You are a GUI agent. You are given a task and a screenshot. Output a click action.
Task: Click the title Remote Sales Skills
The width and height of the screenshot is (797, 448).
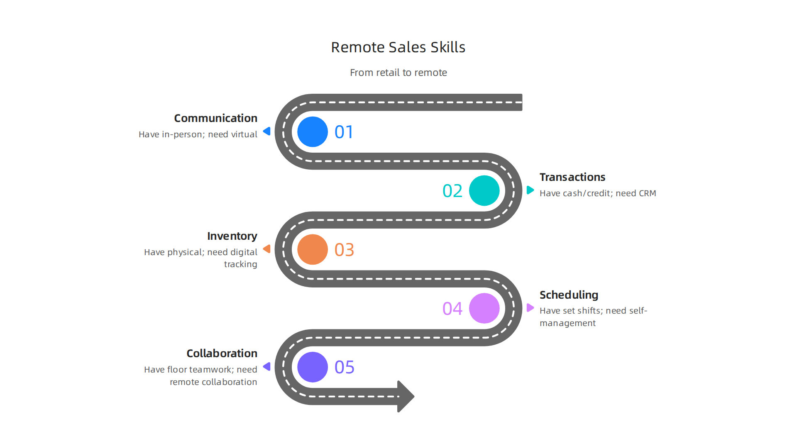click(398, 47)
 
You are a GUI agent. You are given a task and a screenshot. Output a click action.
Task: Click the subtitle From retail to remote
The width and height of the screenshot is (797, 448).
click(398, 73)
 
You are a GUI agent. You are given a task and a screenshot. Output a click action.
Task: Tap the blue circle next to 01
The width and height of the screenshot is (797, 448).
click(313, 132)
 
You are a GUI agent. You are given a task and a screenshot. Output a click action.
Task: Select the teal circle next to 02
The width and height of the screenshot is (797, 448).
click(484, 191)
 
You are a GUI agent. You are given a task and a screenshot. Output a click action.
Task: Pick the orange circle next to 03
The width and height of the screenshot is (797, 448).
click(313, 250)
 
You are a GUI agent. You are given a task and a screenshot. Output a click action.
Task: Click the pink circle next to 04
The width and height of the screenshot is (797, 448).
click(484, 308)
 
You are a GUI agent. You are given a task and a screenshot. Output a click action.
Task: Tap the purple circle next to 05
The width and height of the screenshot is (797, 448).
click(313, 367)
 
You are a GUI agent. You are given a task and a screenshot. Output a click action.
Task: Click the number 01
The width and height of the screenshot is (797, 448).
click(344, 132)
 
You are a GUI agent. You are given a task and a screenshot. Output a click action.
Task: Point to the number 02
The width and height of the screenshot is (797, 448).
click(452, 191)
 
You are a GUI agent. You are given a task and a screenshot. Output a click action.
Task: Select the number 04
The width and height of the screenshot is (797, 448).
click(452, 309)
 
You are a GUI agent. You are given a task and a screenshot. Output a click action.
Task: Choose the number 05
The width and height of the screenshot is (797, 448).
click(344, 368)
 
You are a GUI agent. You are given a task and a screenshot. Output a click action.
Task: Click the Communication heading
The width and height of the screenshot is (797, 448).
click(215, 118)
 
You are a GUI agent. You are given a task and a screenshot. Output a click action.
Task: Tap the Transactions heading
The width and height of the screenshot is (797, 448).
click(572, 177)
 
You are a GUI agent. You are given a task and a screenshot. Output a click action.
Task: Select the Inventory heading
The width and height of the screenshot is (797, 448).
click(232, 236)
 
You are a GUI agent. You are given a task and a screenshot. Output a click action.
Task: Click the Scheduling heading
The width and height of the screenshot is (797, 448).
click(569, 295)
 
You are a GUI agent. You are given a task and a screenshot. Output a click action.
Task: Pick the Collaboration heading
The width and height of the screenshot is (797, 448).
click(222, 353)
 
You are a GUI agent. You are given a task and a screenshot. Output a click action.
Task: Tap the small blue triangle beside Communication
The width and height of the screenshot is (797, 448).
click(267, 131)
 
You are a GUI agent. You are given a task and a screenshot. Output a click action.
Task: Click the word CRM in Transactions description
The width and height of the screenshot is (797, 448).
click(647, 193)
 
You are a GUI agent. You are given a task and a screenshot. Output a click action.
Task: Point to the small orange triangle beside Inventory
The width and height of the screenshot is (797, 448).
click(267, 249)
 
